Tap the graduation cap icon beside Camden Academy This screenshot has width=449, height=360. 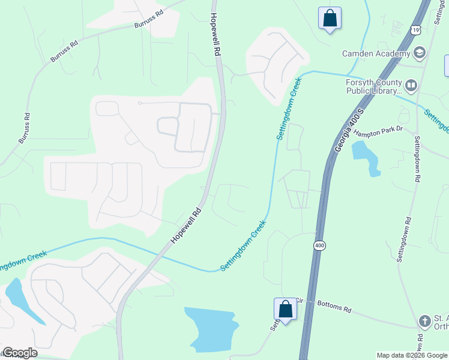(x=419, y=53)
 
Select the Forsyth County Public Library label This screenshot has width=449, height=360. (x=372, y=87)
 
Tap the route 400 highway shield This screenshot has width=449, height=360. (x=319, y=245)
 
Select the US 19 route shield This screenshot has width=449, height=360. (x=416, y=29)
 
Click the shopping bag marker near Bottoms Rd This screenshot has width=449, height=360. (x=286, y=310)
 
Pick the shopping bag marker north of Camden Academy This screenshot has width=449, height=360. (x=330, y=19)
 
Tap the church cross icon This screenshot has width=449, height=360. (x=425, y=322)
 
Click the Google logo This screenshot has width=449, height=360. (x=20, y=353)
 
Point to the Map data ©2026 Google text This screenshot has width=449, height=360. (x=412, y=355)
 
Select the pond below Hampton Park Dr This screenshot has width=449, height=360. (x=367, y=157)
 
